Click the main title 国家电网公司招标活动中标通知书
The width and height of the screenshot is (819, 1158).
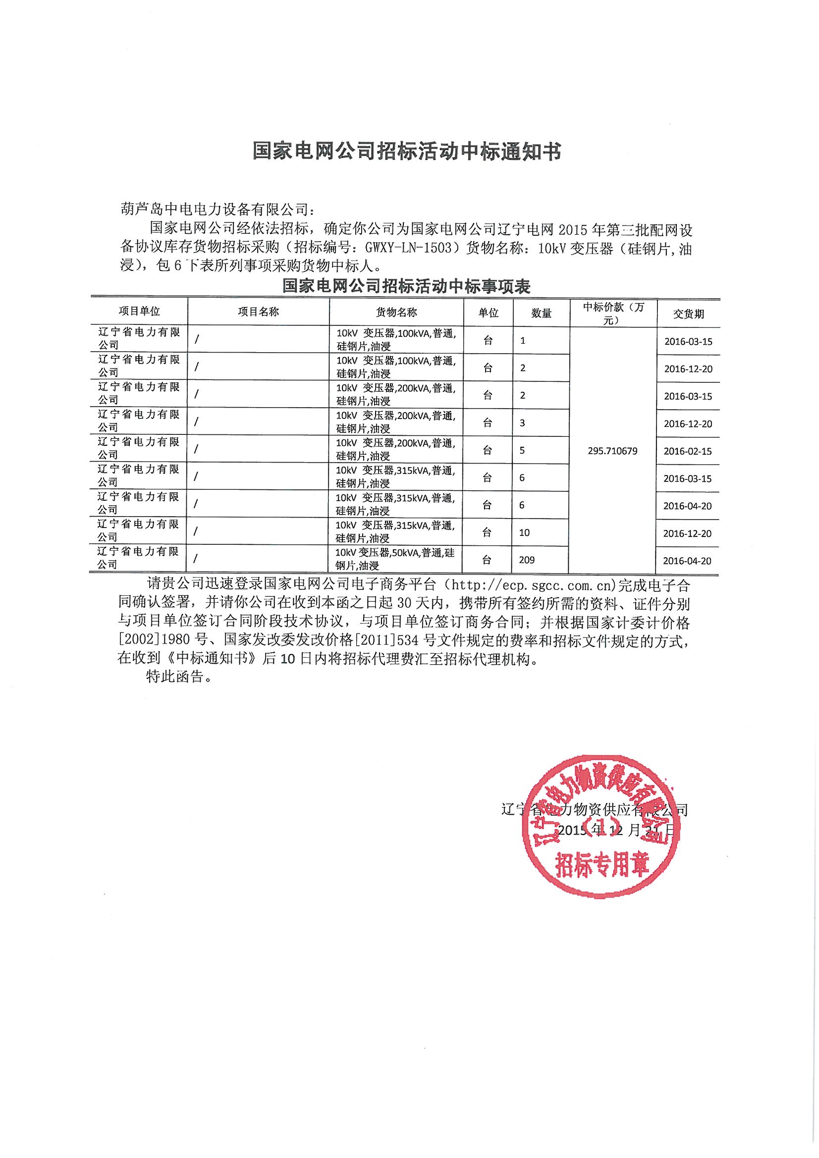tap(407, 151)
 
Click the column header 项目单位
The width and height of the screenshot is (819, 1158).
tap(139, 311)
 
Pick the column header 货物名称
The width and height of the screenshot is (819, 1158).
tap(396, 312)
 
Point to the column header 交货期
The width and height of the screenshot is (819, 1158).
tap(688, 314)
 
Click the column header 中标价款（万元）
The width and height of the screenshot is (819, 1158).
tap(613, 313)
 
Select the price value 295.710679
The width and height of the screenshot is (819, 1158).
tap(612, 451)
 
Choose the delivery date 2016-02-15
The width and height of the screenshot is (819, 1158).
tap(688, 451)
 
